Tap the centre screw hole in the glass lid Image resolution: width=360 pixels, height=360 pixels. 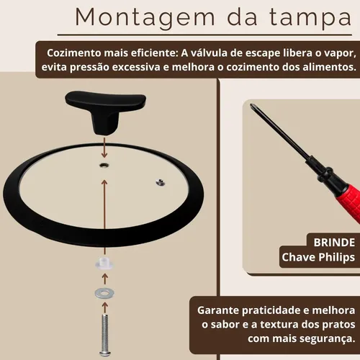[104, 165]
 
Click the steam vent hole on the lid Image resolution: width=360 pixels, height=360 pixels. [161, 182]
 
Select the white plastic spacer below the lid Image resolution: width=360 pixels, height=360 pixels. [104, 264]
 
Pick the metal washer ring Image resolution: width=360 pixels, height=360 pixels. [104, 293]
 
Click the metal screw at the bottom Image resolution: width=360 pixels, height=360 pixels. [105, 335]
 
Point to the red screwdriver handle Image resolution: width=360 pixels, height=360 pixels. [351, 203]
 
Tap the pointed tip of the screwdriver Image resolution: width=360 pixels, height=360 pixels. [251, 105]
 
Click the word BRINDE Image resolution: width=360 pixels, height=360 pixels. [334, 243]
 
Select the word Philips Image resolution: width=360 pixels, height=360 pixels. [337, 258]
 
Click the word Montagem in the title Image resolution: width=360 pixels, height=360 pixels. [145, 18]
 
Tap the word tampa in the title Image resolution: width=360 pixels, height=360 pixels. [310, 18]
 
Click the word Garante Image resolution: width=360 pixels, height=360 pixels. [218, 310]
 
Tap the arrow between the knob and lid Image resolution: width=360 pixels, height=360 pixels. [104, 148]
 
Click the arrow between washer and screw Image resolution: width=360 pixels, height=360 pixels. [104, 307]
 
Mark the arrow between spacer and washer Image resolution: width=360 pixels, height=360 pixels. [104, 279]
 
